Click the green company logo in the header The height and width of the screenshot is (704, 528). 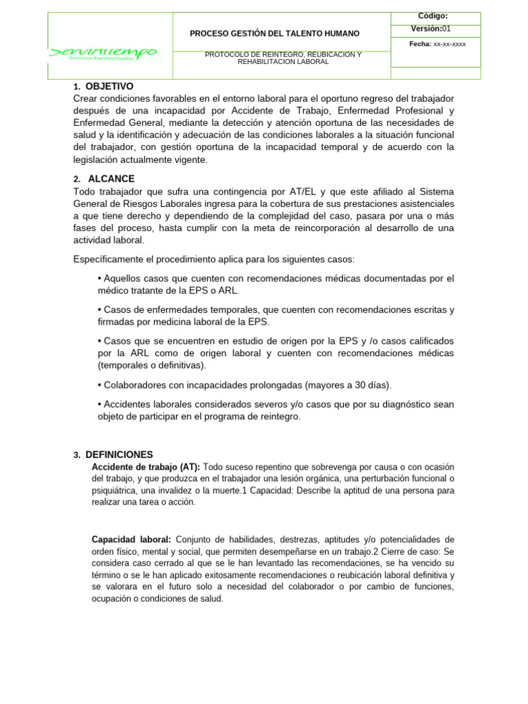pyautogui.click(x=103, y=53)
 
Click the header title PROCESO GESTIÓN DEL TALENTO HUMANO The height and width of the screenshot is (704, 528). pyautogui.click(x=274, y=33)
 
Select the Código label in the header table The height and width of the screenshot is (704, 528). pyautogui.click(x=432, y=16)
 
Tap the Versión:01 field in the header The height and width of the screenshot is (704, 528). pyautogui.click(x=431, y=29)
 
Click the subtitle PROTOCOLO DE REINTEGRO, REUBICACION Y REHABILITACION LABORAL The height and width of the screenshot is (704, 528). pyautogui.click(x=283, y=58)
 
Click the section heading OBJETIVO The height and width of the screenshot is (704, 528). pyautogui.click(x=109, y=87)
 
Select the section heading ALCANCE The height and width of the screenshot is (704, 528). pyautogui.click(x=111, y=179)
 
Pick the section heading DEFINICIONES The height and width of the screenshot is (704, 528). pyautogui.click(x=119, y=455)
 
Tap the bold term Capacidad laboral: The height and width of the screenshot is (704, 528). pyautogui.click(x=131, y=540)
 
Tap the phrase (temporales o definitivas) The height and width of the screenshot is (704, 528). pyautogui.click(x=152, y=365)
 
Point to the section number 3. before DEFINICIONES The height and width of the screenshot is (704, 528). pyautogui.click(x=77, y=455)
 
